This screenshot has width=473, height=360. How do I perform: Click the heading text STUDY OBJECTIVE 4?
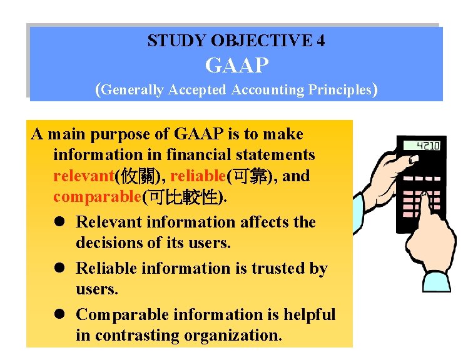(x=236, y=41)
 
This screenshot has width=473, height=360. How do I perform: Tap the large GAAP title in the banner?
(x=236, y=64)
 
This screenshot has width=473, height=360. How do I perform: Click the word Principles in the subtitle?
(x=340, y=89)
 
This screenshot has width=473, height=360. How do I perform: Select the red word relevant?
(x=83, y=176)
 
